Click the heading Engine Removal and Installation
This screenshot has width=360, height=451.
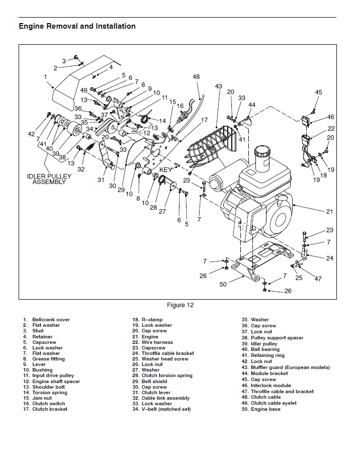[77, 26]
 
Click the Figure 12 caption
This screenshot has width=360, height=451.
[180, 305]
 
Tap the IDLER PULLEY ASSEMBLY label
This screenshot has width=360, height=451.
[49, 179]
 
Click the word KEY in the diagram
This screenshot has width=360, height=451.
[165, 169]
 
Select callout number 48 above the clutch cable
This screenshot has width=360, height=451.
[196, 77]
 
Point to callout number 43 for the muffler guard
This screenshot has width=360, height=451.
[218, 86]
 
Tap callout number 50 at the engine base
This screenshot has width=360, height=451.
[223, 285]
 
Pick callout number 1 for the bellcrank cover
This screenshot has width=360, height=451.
[45, 77]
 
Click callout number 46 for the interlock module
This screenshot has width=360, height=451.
[330, 117]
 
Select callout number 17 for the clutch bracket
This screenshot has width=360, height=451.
[204, 120]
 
